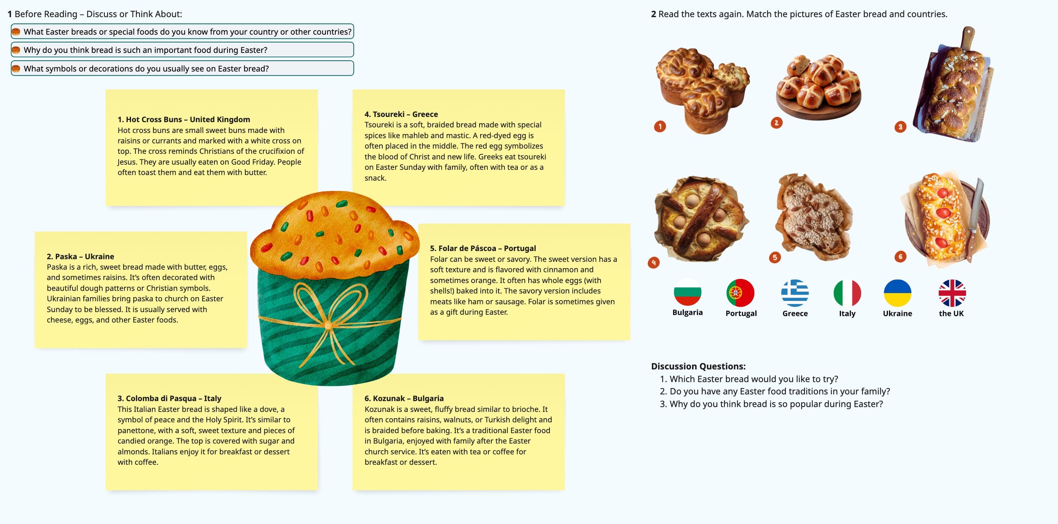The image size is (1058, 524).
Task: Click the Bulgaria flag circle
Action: [687, 293]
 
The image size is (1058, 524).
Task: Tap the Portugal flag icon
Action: [740, 293]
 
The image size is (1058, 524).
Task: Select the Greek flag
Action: [795, 293]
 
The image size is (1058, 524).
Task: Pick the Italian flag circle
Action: [847, 293]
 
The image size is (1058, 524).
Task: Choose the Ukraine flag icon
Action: [898, 293]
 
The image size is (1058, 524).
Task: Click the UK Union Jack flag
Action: [952, 293]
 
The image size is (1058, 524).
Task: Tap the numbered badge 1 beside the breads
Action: [660, 126]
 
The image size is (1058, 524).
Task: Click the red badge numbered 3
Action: [900, 127]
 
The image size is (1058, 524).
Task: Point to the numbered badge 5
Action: [775, 257]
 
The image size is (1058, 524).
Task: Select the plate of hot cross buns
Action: [818, 86]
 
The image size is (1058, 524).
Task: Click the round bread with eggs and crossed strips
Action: [700, 218]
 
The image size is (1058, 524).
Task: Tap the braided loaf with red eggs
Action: [943, 218]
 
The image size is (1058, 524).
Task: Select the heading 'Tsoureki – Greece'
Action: [401, 114]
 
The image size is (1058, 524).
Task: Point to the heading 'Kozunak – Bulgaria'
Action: [404, 398]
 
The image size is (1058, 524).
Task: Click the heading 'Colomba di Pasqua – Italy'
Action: [169, 398]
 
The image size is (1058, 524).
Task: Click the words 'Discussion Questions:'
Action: [698, 366]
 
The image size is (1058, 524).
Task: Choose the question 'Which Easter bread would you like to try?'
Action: [753, 379]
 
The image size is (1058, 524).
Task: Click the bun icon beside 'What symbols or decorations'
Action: [16, 69]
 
